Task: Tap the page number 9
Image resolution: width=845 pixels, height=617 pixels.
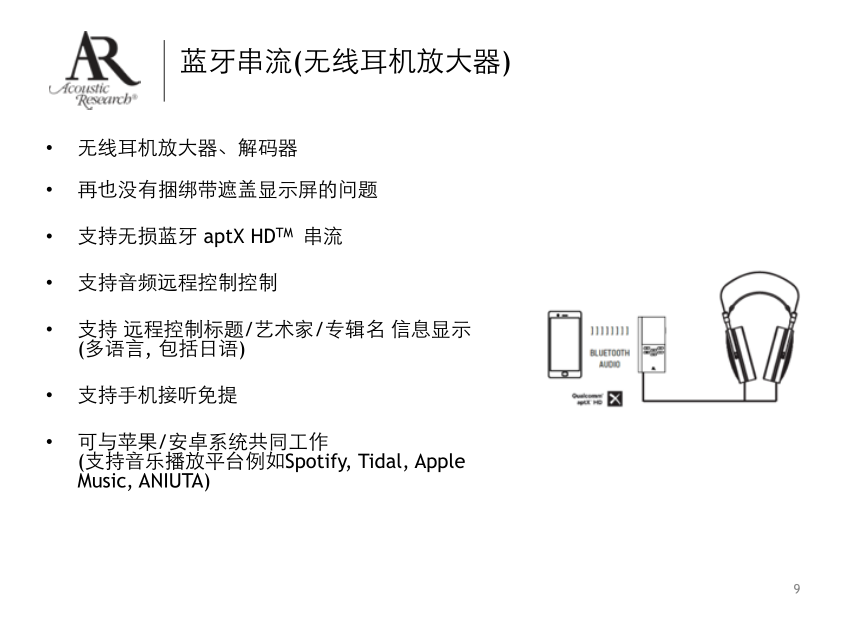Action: [x=796, y=588]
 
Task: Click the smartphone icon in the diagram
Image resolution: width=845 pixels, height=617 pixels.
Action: [x=565, y=345]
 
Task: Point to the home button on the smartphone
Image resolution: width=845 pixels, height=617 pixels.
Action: [x=565, y=374]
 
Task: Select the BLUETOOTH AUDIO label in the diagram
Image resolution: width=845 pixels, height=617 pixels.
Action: [x=610, y=358]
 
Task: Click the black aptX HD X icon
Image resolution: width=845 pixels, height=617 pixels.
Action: [x=614, y=400]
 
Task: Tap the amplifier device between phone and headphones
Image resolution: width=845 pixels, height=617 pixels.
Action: [x=652, y=346]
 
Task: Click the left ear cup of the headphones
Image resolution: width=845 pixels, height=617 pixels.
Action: [x=740, y=350]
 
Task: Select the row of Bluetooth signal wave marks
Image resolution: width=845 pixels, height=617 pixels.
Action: [x=610, y=330]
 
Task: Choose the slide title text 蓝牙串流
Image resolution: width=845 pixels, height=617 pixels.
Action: [x=236, y=64]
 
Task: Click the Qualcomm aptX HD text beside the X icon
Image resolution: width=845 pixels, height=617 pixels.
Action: [x=587, y=399]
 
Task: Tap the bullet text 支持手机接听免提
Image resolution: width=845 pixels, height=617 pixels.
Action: [x=157, y=395]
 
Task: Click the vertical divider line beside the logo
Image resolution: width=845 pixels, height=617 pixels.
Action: [x=164, y=70]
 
